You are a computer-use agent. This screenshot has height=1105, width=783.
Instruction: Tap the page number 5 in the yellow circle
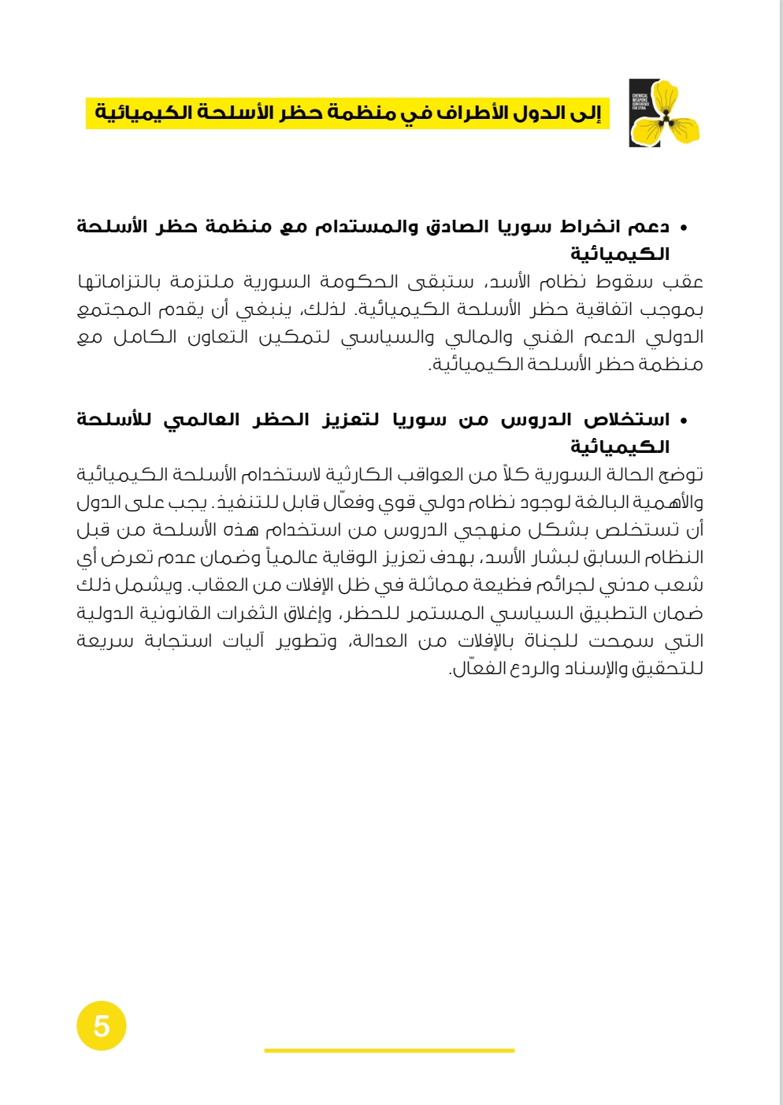coord(102,1026)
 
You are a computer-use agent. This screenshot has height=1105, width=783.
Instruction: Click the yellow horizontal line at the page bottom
coord(389,1050)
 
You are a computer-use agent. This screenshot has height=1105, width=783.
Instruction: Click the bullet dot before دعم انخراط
coord(683,228)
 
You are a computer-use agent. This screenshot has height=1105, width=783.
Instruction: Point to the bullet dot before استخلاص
coord(683,421)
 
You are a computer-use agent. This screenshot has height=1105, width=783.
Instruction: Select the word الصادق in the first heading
coord(458,227)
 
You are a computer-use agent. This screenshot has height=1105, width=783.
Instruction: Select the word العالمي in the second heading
coord(201,420)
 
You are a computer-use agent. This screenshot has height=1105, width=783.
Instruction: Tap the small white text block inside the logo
coord(640,102)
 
